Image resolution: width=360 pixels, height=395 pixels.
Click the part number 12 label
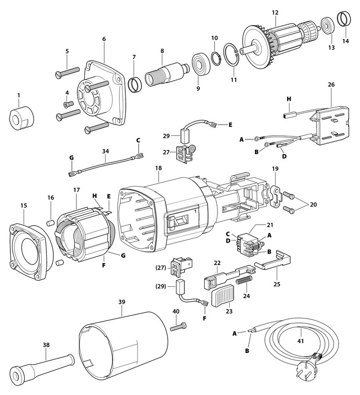click(x=274, y=12)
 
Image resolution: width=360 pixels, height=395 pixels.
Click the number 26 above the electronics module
click(x=331, y=84)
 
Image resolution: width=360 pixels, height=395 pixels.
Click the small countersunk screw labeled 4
click(x=69, y=104)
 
